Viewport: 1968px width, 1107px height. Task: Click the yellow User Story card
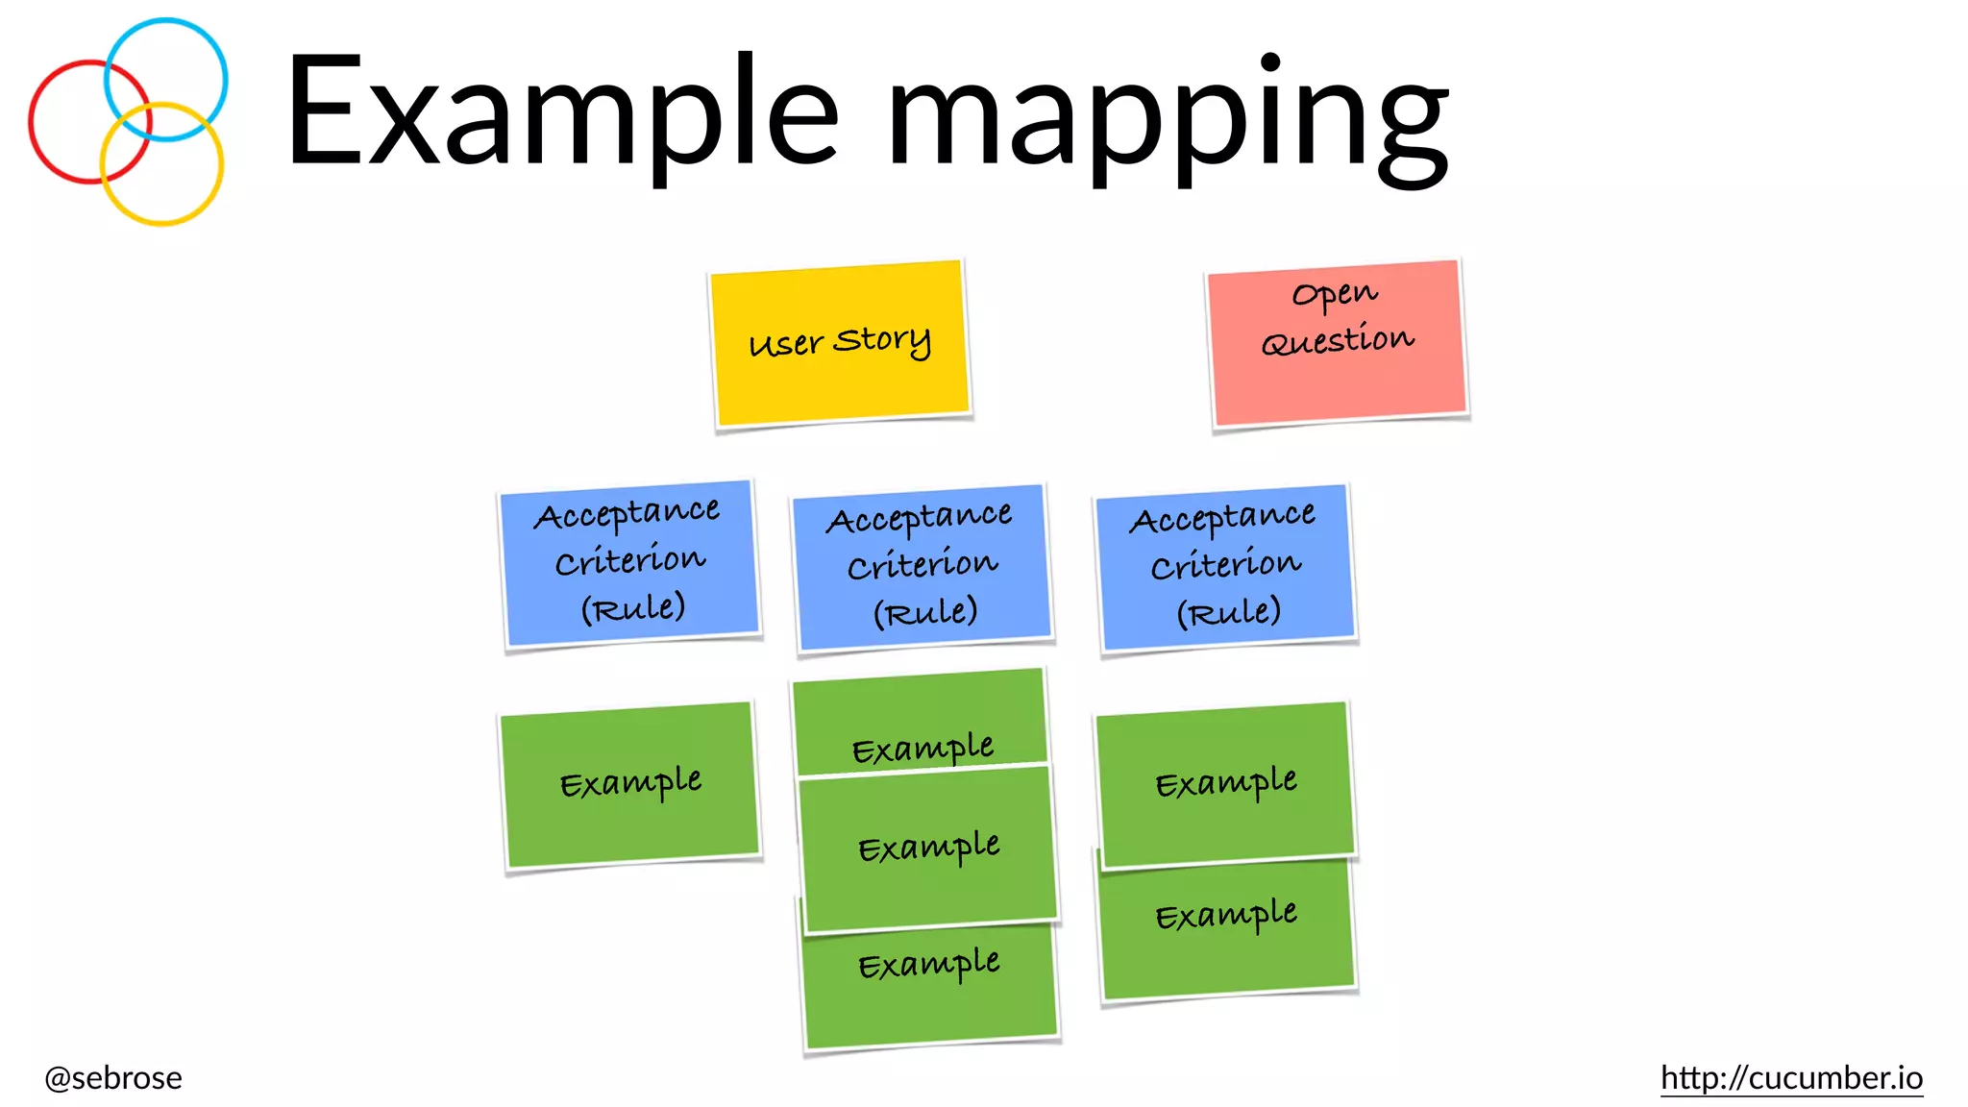(840, 342)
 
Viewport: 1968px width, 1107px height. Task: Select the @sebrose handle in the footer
(113, 1077)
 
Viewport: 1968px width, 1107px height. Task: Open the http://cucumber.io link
(1791, 1077)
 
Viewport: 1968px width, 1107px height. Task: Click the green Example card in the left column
(629, 784)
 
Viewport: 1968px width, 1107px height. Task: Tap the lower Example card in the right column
(1227, 927)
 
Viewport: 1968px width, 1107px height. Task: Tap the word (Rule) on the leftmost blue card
(632, 607)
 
